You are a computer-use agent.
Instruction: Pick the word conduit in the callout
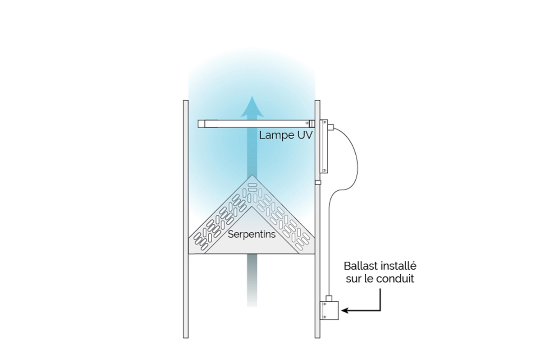[399, 279]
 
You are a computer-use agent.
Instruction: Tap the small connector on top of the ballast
[330, 298]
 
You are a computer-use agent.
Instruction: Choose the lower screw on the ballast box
[325, 318]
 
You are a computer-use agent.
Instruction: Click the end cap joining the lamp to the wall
[311, 124]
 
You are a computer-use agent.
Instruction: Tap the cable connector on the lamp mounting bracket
[331, 128]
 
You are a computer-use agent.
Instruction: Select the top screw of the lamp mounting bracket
[324, 122]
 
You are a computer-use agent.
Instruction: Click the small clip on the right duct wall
[318, 183]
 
